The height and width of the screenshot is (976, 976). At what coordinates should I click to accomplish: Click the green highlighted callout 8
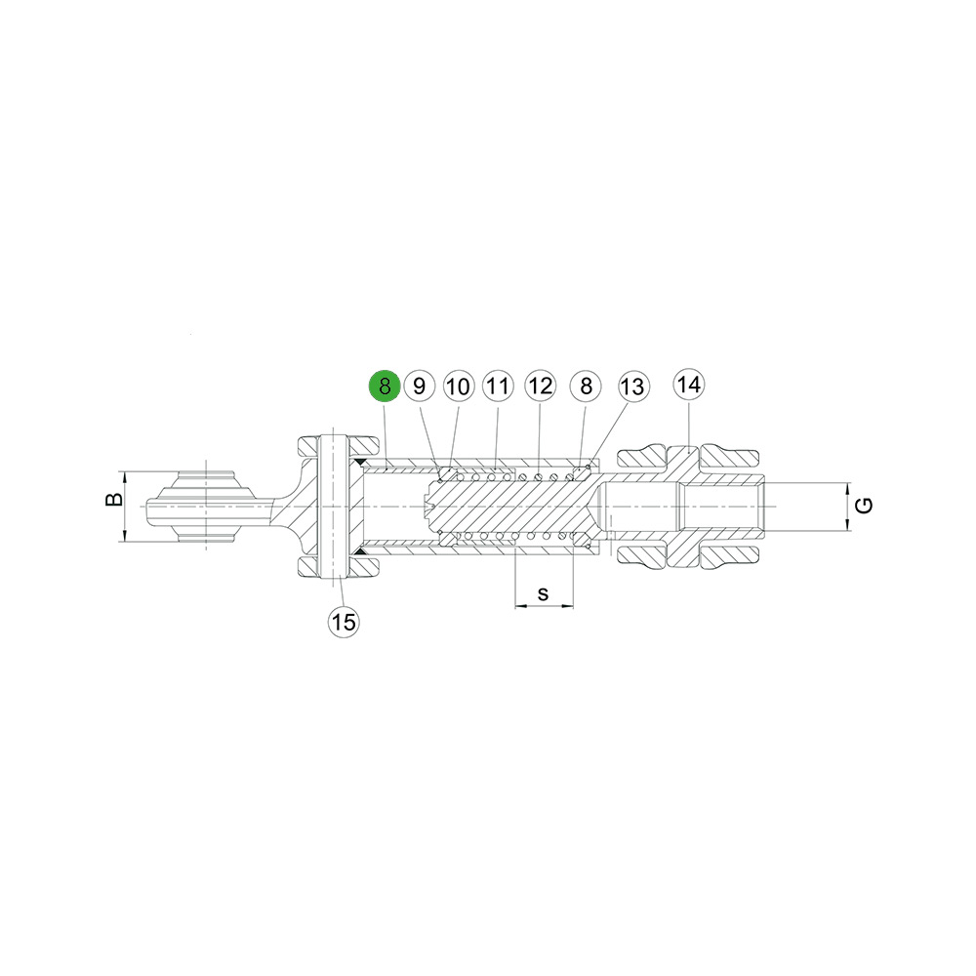coord(385,386)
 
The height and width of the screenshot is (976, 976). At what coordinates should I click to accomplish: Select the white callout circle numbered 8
coord(586,386)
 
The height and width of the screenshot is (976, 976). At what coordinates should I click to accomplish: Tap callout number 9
coord(419,386)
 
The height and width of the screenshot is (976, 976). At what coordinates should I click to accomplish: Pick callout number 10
coord(459,386)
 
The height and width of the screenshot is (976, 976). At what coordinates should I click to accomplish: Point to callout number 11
coord(498,386)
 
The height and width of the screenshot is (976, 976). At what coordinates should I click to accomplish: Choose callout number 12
coord(540,386)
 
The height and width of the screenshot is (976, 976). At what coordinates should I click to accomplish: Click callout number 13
coord(633,386)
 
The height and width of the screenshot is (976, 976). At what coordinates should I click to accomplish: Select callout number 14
coord(689,384)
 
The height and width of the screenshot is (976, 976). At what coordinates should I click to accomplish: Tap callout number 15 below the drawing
coord(344,621)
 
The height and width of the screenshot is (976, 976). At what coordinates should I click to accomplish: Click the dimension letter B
coord(114,499)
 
